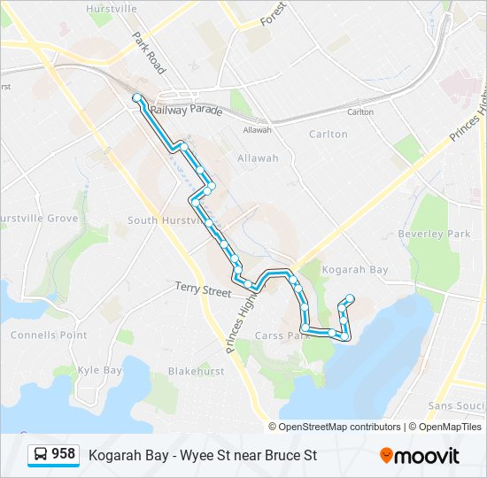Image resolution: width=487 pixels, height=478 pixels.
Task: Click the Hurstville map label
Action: click(x=112, y=9)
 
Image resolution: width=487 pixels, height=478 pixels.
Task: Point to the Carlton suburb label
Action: click(x=328, y=135)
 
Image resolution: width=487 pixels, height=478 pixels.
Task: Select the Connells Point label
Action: click(x=49, y=335)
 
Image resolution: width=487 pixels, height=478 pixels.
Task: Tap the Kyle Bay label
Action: click(x=100, y=370)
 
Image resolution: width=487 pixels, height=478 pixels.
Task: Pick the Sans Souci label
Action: click(x=455, y=405)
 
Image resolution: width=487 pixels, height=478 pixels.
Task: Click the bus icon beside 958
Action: click(x=40, y=454)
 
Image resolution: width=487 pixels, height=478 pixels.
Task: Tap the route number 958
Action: click(x=63, y=454)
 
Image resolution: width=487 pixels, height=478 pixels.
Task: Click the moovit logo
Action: click(x=420, y=456)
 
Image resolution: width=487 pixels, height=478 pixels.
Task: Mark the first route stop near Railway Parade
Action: click(x=136, y=97)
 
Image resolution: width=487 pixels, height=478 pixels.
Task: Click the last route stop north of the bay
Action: click(x=351, y=298)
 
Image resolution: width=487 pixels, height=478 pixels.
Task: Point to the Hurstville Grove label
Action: click(x=39, y=219)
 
